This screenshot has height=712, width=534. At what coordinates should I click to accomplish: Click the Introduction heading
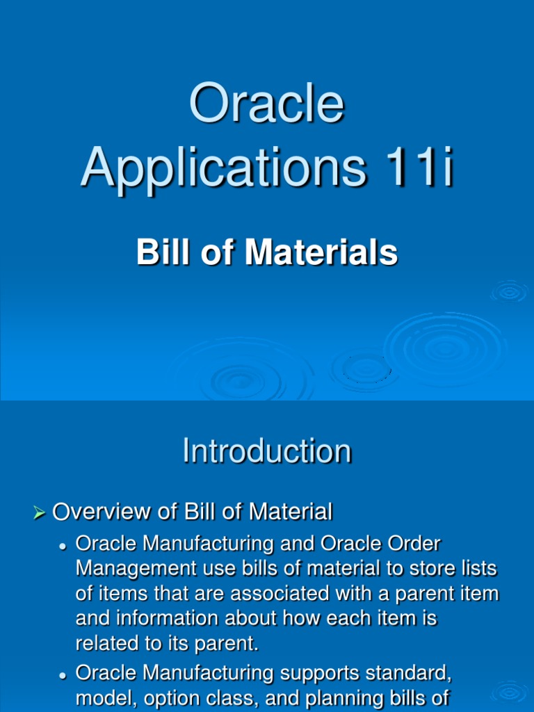[x=266, y=451]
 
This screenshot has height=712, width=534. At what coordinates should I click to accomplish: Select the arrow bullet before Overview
[x=39, y=514]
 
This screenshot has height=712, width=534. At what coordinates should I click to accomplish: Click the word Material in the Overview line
[x=291, y=512]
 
